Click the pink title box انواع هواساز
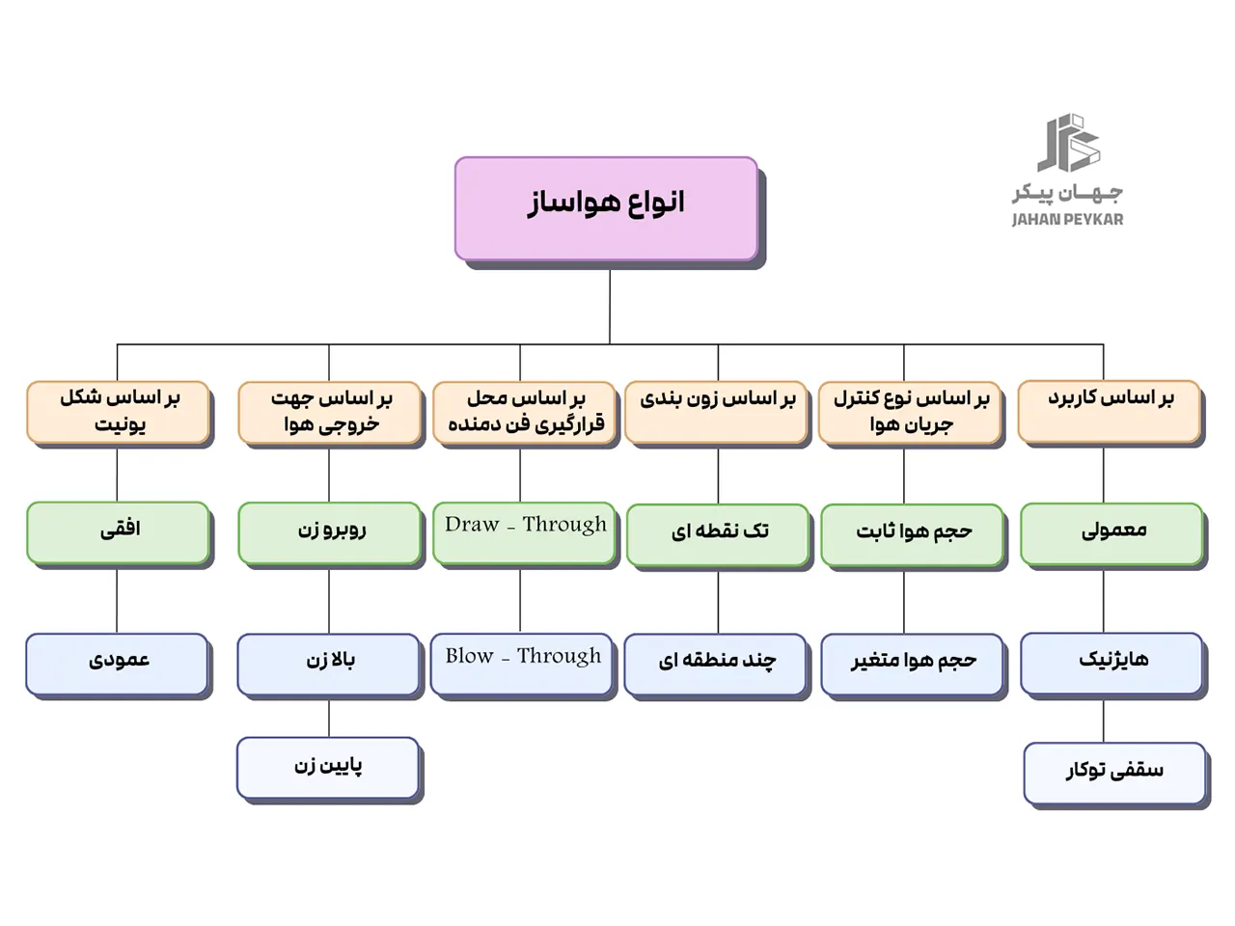pos(606,208)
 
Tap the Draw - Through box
pos(524,531)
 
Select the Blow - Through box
pos(522,663)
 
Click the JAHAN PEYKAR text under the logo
pos(1067,220)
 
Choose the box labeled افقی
pos(118,531)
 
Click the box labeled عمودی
pos(117,663)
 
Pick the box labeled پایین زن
pos(328,768)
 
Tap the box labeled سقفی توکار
pos(1114,772)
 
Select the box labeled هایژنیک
pos(1111,663)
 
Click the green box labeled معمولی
pos(1111,532)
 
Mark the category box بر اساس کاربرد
pos(1110,411)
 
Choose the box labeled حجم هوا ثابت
pos(912,533)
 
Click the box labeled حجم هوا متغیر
pos(912,664)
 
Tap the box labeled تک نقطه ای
pos(718,533)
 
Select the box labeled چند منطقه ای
pos(716,664)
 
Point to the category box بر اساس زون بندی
pos(716,412)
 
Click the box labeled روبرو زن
pos(330,531)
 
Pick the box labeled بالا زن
pos(329,664)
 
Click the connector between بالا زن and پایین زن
pos(329,718)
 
